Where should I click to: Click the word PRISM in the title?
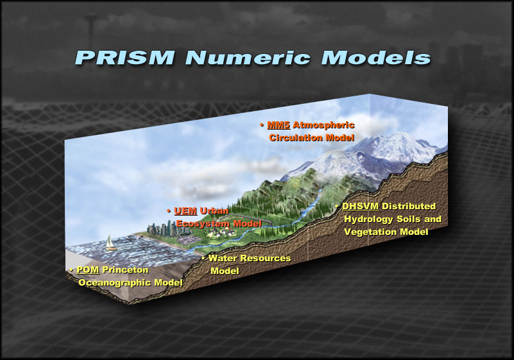pyautogui.click(x=125, y=57)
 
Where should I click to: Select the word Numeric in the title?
pyautogui.click(x=248, y=57)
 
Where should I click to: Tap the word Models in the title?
pyautogui.click(x=376, y=57)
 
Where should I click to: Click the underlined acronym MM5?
pyautogui.click(x=278, y=125)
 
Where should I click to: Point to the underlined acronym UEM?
pyautogui.click(x=185, y=211)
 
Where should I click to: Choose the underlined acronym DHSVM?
pyautogui.click(x=360, y=206)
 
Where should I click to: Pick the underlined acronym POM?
pyautogui.click(x=87, y=270)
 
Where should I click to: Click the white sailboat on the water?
pyautogui.click(x=110, y=243)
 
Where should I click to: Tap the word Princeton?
pyautogui.click(x=125, y=270)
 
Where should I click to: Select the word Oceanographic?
pyautogui.click(x=115, y=282)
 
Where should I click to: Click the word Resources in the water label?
pyautogui.click(x=266, y=258)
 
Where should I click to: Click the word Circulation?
pyautogui.click(x=296, y=138)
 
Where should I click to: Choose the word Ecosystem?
pyautogui.click(x=203, y=224)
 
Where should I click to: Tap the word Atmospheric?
pyautogui.click(x=323, y=125)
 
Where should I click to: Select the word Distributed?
pyautogui.click(x=409, y=206)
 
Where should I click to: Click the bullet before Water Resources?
pyautogui.click(x=203, y=259)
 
